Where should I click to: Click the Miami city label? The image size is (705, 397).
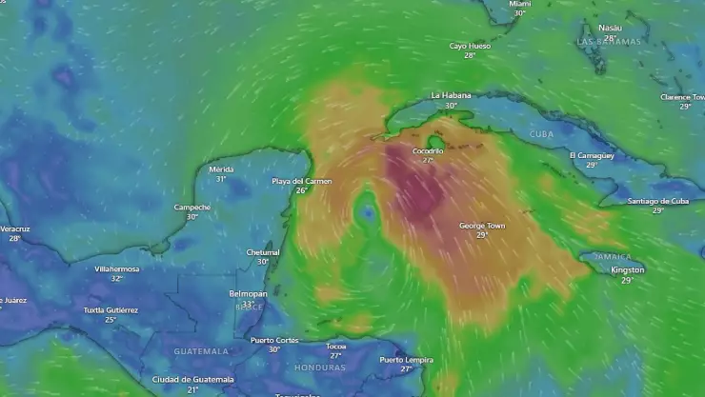[519, 5]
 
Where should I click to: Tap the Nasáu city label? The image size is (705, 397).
[610, 29]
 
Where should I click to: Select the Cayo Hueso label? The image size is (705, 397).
[470, 46]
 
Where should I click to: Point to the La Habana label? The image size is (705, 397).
[450, 95]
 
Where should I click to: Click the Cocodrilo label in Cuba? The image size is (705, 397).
[428, 151]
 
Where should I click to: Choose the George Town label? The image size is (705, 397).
[482, 226]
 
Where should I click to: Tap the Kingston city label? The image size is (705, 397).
[627, 270]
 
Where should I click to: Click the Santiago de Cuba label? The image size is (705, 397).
[657, 201]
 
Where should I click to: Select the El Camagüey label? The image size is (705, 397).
[592, 155]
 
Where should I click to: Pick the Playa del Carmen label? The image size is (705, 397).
[301, 181]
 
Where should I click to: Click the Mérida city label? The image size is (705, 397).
[221, 169]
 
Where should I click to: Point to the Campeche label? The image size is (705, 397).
[192, 207]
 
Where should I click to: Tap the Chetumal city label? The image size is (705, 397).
[263, 252]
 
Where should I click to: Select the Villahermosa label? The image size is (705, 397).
[116, 268]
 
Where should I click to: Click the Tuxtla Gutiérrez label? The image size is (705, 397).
[111, 310]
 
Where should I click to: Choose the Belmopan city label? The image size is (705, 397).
[248, 294]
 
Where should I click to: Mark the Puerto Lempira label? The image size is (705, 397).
[406, 359]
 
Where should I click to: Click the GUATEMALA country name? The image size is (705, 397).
[201, 351]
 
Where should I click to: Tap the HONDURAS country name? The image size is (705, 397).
[320, 367]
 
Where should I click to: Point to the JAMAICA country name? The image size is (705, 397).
[613, 257]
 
